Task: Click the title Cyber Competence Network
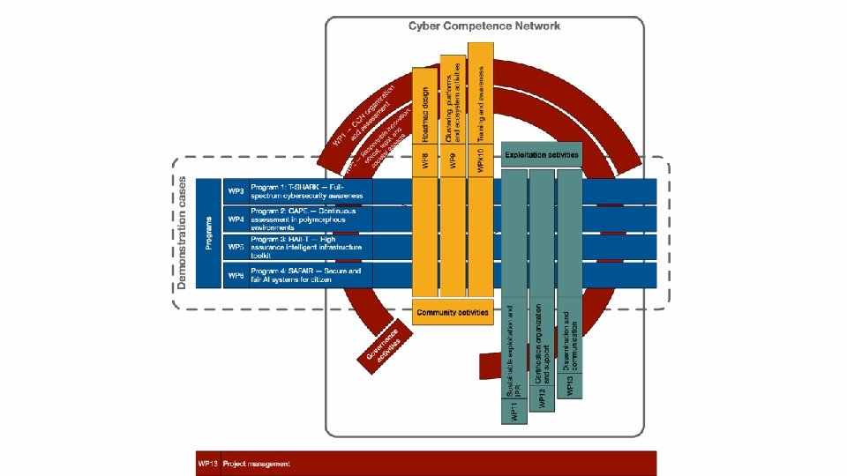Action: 483,26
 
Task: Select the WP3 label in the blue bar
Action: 236,191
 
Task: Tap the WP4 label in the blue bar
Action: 236,219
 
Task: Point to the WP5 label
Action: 236,247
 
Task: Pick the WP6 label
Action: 236,275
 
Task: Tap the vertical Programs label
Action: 208,233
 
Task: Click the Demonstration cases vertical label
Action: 182,231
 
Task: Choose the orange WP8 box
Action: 425,162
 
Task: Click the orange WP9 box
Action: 453,162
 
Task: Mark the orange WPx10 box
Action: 480,162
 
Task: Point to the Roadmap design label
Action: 425,115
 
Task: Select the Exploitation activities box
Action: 542,155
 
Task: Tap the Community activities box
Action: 453,312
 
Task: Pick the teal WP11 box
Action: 515,410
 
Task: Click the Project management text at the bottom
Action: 256,464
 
